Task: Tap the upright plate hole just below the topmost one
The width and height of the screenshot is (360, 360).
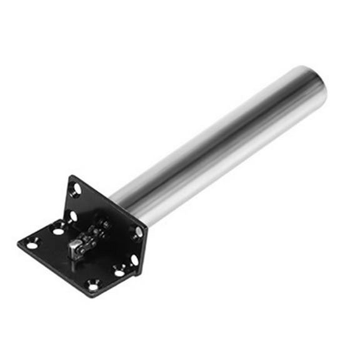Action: pos(74,216)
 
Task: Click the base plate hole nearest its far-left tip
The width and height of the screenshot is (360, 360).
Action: pos(32,245)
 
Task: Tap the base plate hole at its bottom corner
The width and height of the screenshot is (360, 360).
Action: pos(93,286)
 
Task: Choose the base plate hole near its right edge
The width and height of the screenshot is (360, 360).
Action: pos(119,272)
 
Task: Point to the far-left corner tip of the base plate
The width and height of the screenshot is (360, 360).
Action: pos(18,244)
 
